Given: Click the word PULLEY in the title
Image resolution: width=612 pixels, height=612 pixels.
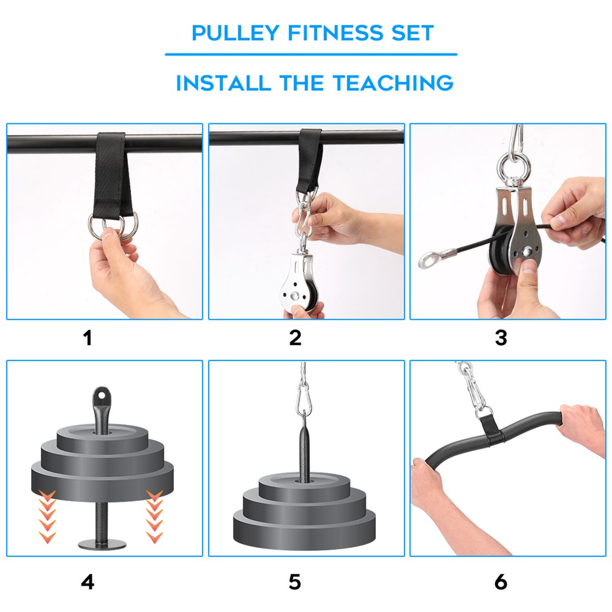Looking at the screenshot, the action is point(235,33).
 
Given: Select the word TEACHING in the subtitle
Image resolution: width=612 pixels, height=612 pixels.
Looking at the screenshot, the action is point(393,83).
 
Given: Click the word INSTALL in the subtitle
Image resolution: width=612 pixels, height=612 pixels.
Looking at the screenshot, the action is point(223,83).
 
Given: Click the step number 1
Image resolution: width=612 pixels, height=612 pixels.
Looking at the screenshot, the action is point(88,338).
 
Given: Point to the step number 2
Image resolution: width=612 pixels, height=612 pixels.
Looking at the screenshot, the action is point(295,338).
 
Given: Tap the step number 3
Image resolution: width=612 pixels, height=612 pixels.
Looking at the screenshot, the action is point(501,338).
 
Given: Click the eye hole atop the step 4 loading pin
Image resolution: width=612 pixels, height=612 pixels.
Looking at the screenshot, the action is point(101,395).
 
